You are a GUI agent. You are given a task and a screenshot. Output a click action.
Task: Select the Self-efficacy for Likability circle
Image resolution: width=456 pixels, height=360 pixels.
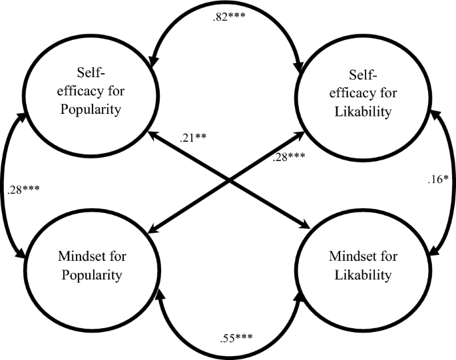(x=362, y=95)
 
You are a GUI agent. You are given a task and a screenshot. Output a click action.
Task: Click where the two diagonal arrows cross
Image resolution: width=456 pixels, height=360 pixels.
(x=228, y=180)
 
